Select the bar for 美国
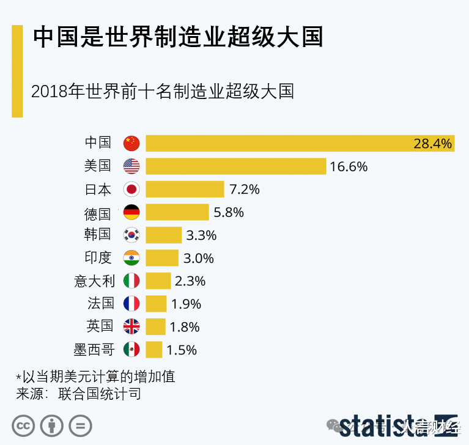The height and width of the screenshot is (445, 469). pos(235,166)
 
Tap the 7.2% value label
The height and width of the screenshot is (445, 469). pos(245,189)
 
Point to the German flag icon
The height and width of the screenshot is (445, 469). pos(131,213)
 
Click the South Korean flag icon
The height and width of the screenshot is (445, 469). pos(131,235)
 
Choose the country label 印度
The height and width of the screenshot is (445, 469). pos(98,258)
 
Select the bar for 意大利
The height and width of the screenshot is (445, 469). pos(158,281)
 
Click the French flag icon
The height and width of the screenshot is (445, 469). pos(131,304)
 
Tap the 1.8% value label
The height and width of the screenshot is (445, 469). pos(185,327)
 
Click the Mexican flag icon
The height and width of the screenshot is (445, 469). pos(131,350)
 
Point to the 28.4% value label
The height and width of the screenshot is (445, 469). pos(432,144)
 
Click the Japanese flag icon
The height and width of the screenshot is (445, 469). pos(131,189)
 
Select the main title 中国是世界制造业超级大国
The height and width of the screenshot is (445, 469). pos(177,38)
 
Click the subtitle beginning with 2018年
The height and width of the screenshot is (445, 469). pos(163,92)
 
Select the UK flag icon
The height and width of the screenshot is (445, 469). pos(131,327)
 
